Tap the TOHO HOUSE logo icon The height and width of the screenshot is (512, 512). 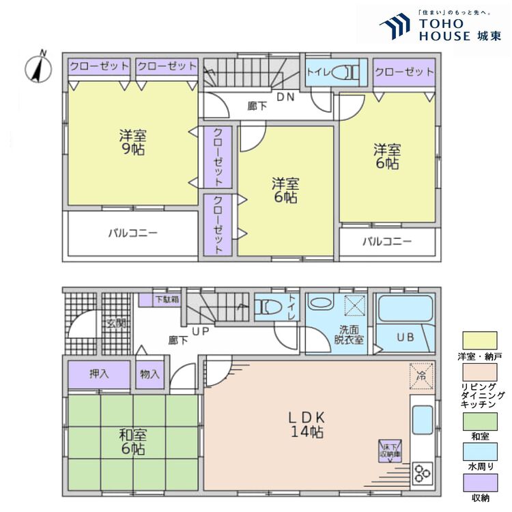(397, 28)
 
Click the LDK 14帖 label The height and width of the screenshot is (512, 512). (304, 424)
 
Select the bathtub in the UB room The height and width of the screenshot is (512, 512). (406, 311)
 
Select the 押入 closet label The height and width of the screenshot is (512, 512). (99, 373)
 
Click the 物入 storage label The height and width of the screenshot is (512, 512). (150, 373)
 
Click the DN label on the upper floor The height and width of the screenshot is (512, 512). (285, 96)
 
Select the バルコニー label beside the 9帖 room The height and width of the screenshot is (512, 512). (133, 233)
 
